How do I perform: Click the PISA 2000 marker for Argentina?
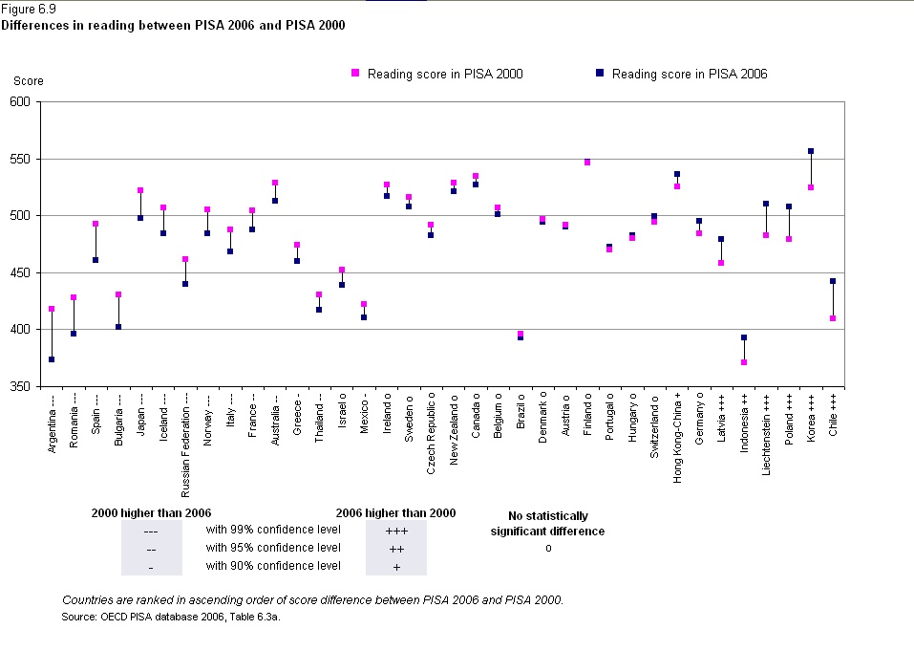52,309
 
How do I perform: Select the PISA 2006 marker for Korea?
811,151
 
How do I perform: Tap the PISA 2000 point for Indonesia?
744,362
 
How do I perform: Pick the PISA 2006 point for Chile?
833,281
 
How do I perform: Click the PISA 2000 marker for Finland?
587,163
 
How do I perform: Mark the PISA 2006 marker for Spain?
96,260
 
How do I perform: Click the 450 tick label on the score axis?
20,273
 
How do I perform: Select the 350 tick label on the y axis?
20,387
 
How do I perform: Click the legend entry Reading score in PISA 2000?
444,74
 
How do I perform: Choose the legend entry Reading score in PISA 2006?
689,74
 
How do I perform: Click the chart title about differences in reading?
173,25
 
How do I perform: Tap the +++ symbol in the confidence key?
395,531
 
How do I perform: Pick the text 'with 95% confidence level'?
273,548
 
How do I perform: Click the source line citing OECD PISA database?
170,618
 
